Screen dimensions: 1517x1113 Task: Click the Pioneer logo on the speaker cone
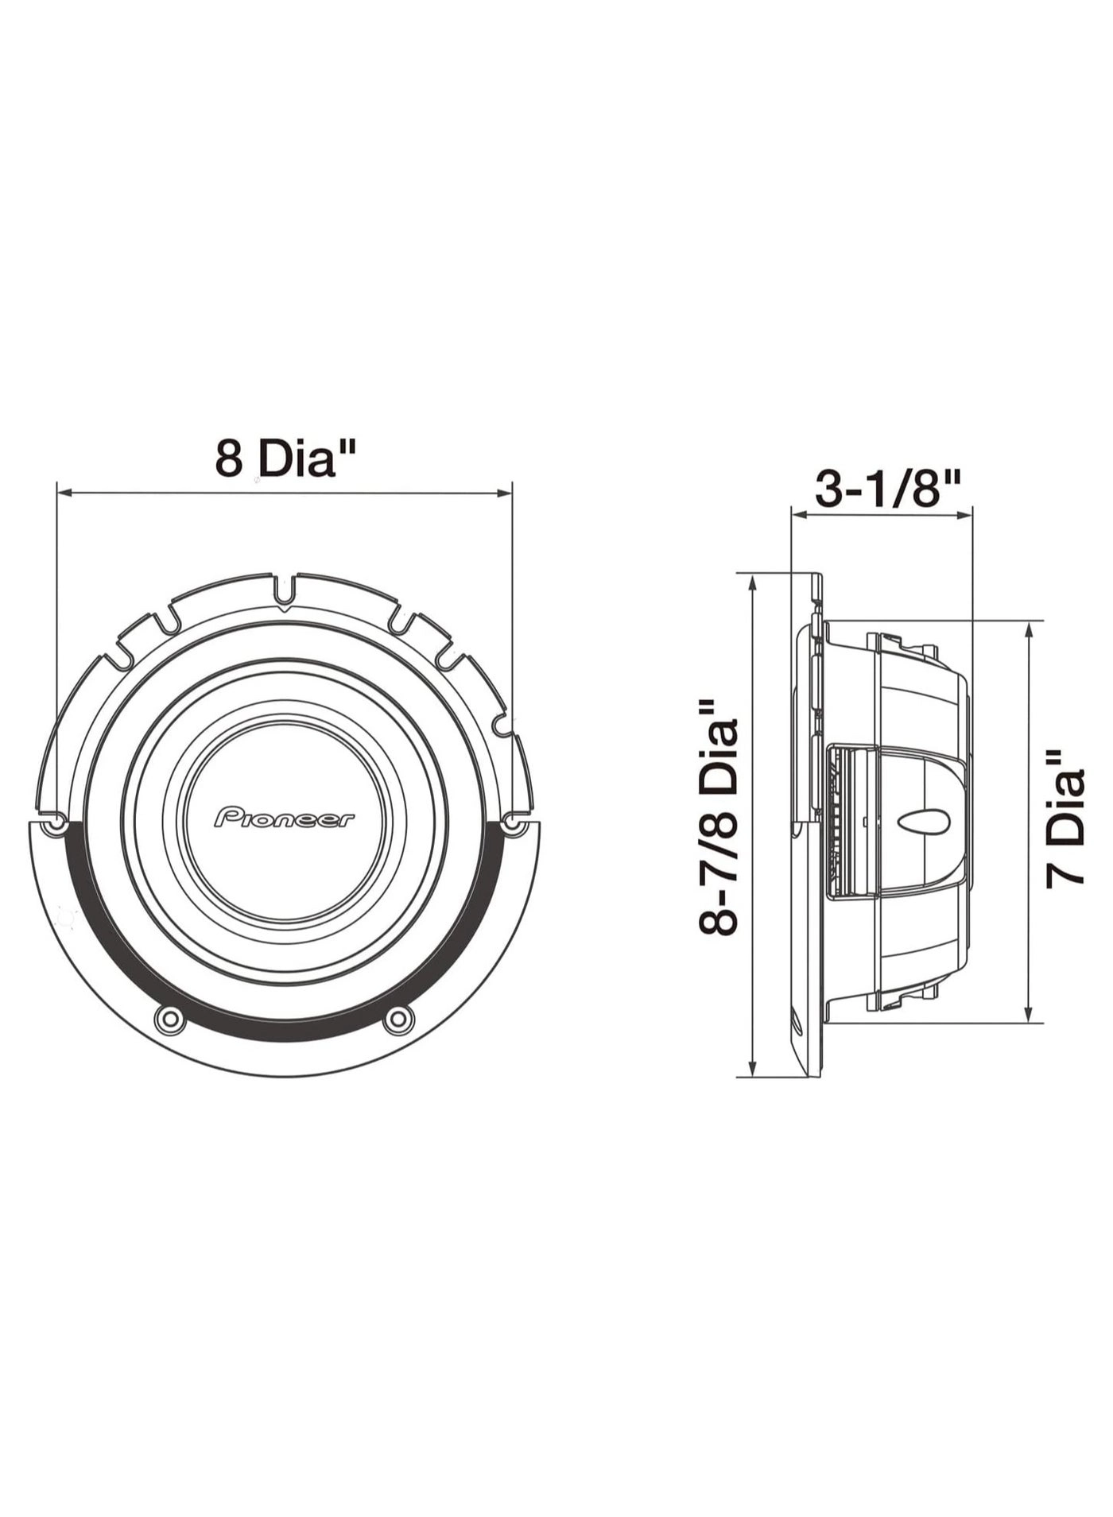tap(285, 818)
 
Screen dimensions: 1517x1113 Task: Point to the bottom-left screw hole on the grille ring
tap(169, 1019)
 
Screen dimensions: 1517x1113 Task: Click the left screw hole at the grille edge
tap(54, 826)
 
